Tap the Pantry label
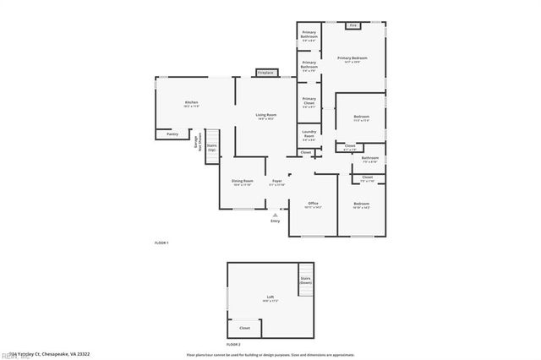click(x=172, y=134)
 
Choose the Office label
click(x=313, y=204)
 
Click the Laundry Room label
click(x=309, y=136)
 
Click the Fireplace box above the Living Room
click(x=265, y=74)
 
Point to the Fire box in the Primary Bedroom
click(x=353, y=26)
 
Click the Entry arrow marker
click(x=275, y=215)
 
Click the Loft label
click(x=270, y=297)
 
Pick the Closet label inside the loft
click(x=244, y=328)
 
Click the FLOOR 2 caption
click(x=233, y=345)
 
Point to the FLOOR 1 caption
click(x=161, y=243)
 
